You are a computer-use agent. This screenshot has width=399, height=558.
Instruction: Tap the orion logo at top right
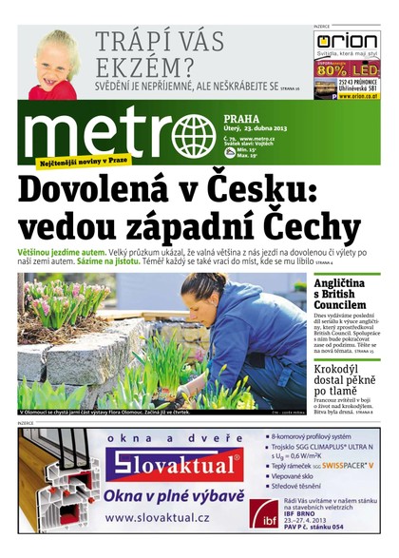[347, 42]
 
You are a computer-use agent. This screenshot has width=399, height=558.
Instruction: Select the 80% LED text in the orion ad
[347, 69]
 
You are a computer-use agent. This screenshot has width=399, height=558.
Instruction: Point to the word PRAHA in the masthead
[245, 120]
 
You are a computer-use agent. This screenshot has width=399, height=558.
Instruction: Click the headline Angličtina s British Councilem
[346, 294]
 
